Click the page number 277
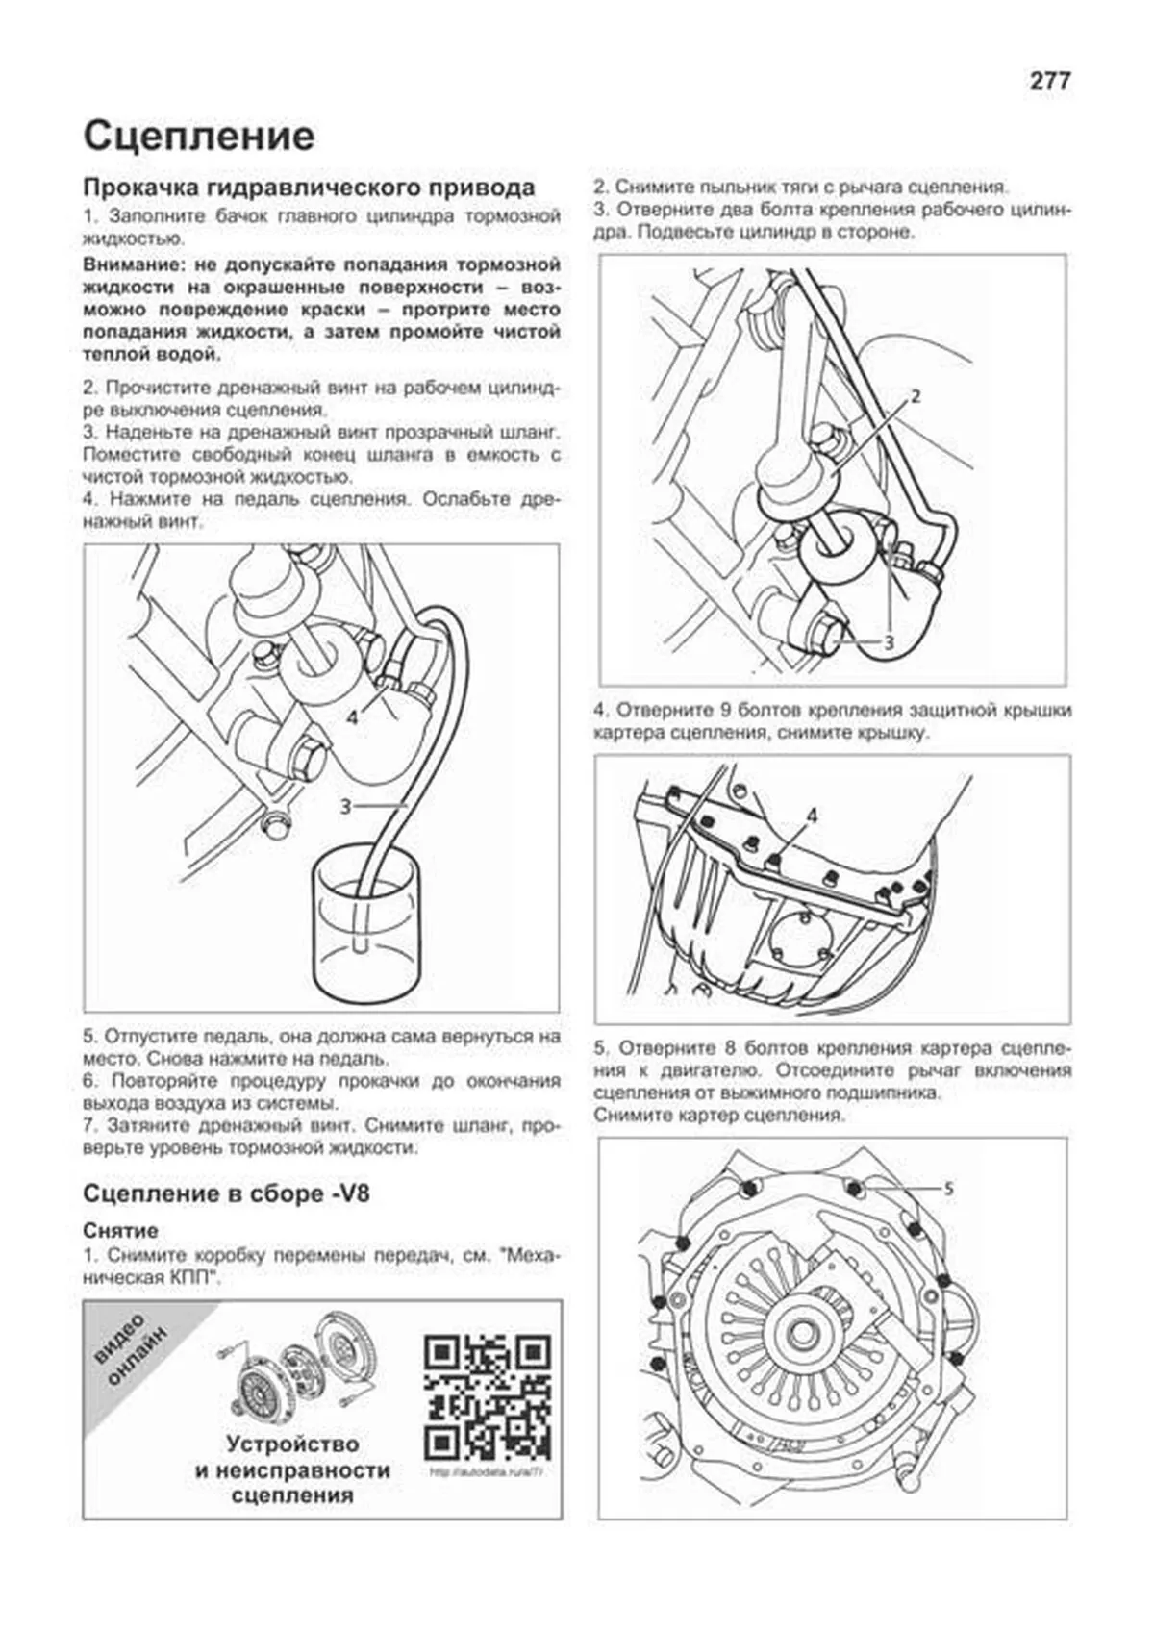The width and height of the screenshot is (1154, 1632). [x=1049, y=82]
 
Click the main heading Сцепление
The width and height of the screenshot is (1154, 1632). [x=199, y=136]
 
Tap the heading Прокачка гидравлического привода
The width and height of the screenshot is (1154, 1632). [x=309, y=187]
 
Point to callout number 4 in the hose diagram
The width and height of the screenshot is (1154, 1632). [x=353, y=717]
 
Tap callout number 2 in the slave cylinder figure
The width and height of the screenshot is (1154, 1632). [x=915, y=395]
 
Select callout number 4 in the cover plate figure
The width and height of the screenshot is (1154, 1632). [x=812, y=816]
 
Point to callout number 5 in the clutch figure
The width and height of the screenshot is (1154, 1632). [x=948, y=1190]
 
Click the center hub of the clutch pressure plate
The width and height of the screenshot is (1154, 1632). [x=801, y=1336]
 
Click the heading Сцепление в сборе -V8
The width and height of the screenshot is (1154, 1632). [x=226, y=1194]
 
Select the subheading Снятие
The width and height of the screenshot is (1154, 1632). [x=120, y=1231]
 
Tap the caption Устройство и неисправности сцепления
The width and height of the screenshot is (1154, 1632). [x=292, y=1469]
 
